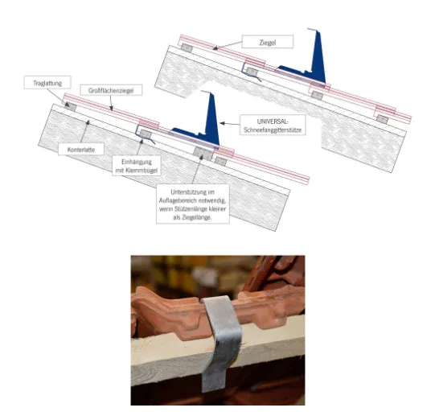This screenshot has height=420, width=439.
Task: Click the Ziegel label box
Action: point(268,42)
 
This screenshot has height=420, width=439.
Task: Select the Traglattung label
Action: point(47,83)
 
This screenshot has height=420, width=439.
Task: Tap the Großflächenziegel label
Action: point(111,90)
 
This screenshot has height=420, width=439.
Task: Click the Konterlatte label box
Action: point(81,149)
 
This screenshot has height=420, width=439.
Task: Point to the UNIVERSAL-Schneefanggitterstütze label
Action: point(273,126)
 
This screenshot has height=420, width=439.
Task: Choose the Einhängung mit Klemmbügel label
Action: point(137,166)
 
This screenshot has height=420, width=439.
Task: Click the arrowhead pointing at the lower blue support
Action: point(222,123)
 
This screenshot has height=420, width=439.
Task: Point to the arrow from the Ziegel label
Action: point(227,45)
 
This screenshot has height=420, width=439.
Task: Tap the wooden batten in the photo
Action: point(218,353)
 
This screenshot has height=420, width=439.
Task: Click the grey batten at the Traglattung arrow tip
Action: point(70,106)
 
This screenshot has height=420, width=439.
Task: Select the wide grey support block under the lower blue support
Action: point(203,153)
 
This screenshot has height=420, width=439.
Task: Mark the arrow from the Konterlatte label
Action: point(84,132)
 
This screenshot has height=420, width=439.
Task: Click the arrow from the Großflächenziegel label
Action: point(111,103)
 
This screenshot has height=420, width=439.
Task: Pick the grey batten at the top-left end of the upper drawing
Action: point(187,48)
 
